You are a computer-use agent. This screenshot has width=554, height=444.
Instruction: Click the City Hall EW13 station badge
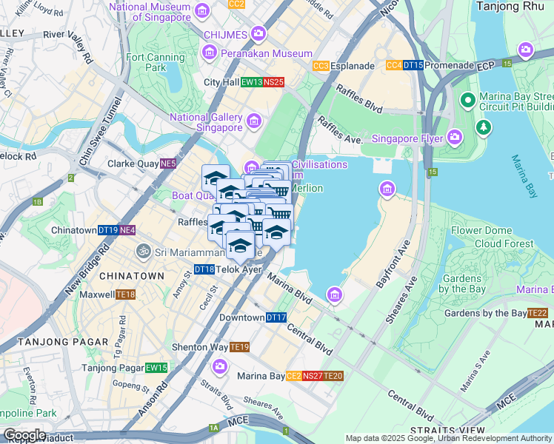tap(252, 82)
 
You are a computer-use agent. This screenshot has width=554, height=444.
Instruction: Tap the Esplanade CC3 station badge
tap(321, 66)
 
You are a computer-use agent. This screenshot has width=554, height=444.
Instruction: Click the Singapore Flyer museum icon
tap(454, 138)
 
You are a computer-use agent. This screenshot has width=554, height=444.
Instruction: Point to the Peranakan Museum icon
tap(210, 53)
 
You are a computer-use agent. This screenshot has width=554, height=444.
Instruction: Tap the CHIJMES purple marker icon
tap(258, 33)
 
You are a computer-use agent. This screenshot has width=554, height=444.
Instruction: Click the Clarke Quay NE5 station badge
tap(167, 164)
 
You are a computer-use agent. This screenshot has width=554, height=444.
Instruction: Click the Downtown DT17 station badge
tap(276, 317)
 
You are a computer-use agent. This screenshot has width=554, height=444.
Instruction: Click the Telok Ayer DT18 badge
tap(204, 270)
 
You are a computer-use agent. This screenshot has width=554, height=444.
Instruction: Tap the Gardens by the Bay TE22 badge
tap(537, 313)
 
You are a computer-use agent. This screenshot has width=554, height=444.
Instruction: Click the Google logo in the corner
tap(24, 434)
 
